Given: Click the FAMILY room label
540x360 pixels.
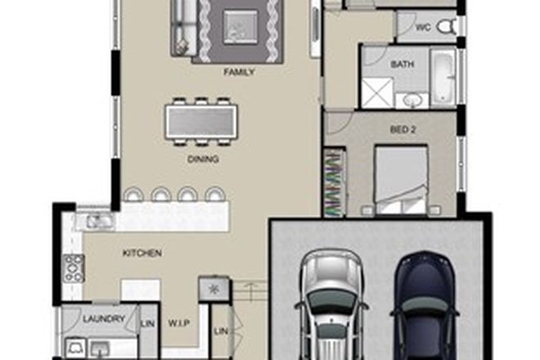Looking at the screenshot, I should point(239,72).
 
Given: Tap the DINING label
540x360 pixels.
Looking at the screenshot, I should point(203,160).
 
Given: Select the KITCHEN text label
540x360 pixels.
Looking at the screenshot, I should point(142,254).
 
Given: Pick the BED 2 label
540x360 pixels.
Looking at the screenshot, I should point(400,129).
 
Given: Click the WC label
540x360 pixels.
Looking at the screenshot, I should point(423,27).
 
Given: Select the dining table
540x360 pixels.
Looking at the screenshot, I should point(201,122).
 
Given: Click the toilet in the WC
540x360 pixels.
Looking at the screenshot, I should point(446,27).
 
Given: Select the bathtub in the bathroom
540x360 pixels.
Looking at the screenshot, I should point(443,78).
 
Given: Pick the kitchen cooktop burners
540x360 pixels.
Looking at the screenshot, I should point(74,268).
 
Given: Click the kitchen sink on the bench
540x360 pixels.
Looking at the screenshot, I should point(97,220).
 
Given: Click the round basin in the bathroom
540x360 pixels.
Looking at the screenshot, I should point(412,100).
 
